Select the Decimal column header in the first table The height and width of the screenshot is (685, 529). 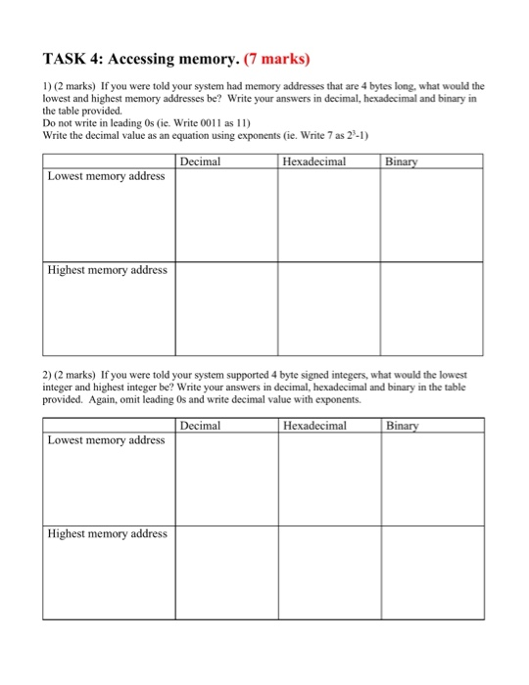(x=201, y=161)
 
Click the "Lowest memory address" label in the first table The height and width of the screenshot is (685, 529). (x=107, y=177)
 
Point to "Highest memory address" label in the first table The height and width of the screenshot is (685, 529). (x=108, y=269)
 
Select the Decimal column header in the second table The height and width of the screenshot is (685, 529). (x=201, y=426)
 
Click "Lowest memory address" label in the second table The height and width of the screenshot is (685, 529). (x=107, y=440)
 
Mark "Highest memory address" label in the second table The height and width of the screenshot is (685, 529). (x=108, y=533)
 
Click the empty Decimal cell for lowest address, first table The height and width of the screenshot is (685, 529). (x=226, y=215)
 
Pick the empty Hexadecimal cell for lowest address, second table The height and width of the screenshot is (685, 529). (x=328, y=479)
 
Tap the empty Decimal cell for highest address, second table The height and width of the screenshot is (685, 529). (x=226, y=572)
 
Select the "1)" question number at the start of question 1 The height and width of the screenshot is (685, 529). (x=48, y=86)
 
